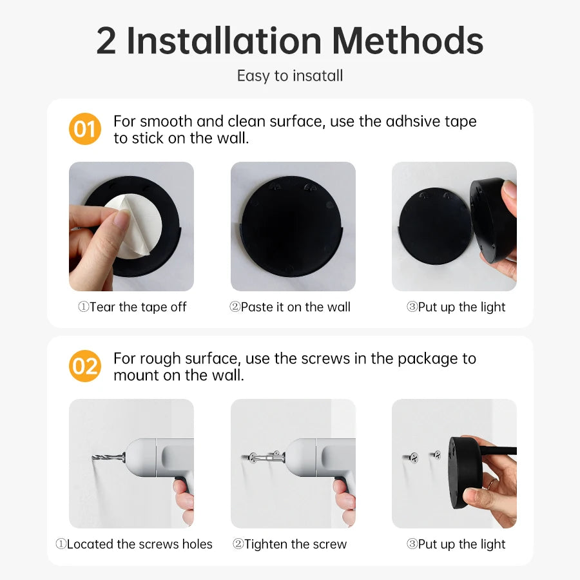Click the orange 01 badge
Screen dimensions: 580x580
coord(84,129)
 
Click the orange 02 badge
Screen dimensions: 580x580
coord(84,366)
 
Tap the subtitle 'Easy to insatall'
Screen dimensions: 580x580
coord(290,75)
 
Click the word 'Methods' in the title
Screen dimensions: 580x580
coord(409,41)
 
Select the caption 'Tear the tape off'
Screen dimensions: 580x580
coord(132,307)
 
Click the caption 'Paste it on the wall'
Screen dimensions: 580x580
coord(290,307)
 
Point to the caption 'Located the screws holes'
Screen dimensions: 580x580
coord(134,545)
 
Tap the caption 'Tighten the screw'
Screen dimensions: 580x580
coord(290,545)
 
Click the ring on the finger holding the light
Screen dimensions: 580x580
coord(491,483)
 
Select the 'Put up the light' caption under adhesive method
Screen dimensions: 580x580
coord(456,307)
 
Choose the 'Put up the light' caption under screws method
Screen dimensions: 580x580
coord(456,545)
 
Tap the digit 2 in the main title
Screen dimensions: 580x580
coord(106,41)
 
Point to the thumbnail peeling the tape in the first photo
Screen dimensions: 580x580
coord(120,219)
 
